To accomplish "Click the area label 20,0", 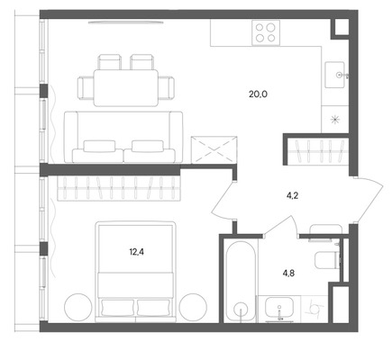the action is tap(258, 94).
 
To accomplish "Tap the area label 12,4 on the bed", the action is tap(137, 252).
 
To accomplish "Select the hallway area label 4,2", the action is tap(292, 196).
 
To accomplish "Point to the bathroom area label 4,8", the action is tap(287, 274).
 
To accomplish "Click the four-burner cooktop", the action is tap(266, 32).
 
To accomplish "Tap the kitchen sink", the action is tap(335, 75).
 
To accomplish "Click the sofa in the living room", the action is tap(123, 137).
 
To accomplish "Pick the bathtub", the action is tap(241, 281).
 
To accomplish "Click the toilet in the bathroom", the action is tap(327, 260).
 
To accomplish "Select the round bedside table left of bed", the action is tap(77, 307).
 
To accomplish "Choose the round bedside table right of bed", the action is tap(193, 307).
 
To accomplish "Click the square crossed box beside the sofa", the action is tap(214, 149).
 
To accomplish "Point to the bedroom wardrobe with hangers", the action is tap(119, 188).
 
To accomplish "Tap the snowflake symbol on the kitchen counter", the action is tap(334, 120).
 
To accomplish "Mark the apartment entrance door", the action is tap(369, 201).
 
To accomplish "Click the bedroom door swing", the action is tap(223, 201).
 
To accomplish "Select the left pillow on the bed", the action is tap(117, 307).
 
